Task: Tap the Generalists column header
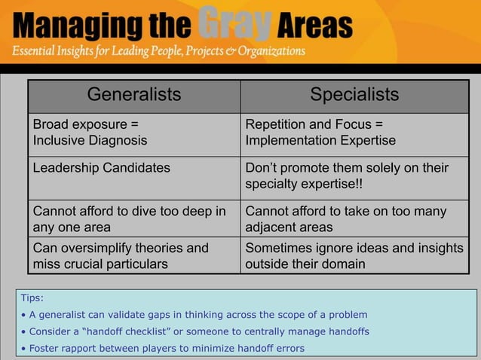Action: [x=134, y=95]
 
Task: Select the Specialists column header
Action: [x=354, y=95]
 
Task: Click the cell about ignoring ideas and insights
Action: [x=354, y=255]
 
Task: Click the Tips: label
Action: [x=32, y=298]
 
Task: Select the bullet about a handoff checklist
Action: [x=195, y=331]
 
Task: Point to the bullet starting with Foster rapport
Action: [x=163, y=348]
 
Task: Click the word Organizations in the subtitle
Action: [x=267, y=51]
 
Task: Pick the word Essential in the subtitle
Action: [x=35, y=51]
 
